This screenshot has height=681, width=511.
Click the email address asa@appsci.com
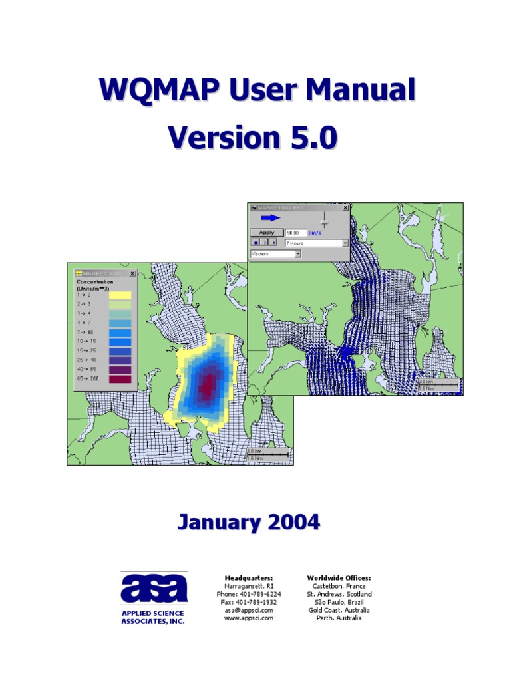(248, 610)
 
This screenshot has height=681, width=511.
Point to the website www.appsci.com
(249, 618)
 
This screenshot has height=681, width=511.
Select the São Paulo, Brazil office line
(339, 602)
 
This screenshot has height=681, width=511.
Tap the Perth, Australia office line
(339, 618)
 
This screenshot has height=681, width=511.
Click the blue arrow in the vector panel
(270, 218)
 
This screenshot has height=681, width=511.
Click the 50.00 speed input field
(295, 233)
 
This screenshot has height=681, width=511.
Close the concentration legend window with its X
(132, 273)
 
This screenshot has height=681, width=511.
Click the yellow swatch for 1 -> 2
(120, 295)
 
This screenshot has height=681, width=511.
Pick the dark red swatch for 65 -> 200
(120, 378)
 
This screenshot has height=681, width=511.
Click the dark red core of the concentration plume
(208, 382)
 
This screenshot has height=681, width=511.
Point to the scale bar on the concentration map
(268, 454)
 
